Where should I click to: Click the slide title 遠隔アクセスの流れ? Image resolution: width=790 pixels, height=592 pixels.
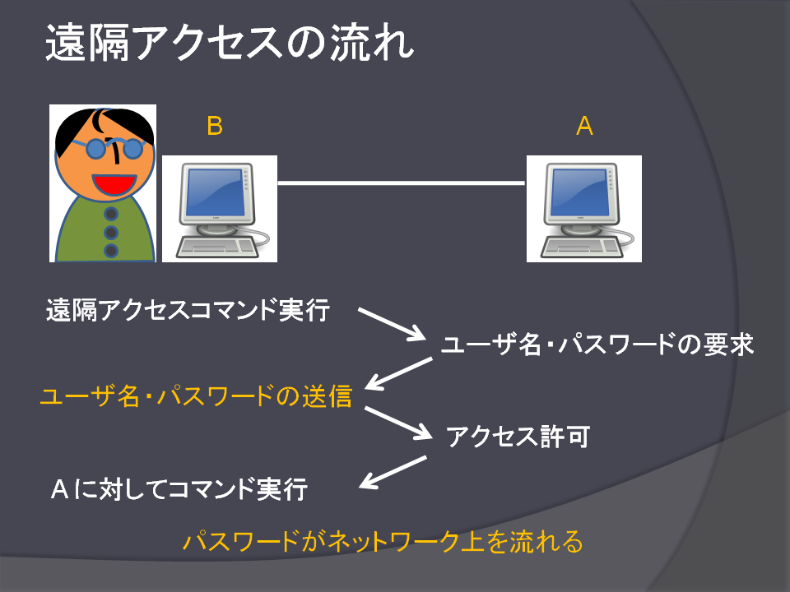230,43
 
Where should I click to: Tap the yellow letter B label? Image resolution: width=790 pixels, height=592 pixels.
215,126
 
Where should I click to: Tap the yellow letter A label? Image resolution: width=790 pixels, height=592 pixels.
584,126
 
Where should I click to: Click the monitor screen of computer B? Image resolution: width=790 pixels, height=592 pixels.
216,192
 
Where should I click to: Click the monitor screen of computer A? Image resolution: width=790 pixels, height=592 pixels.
580,192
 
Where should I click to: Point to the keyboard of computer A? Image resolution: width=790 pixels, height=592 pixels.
580,247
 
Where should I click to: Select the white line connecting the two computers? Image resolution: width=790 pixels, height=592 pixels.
402,183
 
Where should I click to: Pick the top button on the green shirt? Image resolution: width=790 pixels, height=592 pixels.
111,214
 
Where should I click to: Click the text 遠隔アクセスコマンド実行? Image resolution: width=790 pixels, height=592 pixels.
188,310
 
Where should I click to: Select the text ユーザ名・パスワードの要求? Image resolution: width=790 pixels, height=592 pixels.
597,345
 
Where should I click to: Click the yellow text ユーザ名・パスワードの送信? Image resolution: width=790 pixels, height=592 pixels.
196,396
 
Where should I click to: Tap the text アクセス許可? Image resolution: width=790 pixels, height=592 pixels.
518,437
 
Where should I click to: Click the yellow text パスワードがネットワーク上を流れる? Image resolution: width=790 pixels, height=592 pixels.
383,542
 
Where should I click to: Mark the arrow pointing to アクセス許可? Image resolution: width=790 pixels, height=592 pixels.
398,423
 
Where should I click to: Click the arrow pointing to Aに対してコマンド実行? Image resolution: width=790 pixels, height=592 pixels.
393,472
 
